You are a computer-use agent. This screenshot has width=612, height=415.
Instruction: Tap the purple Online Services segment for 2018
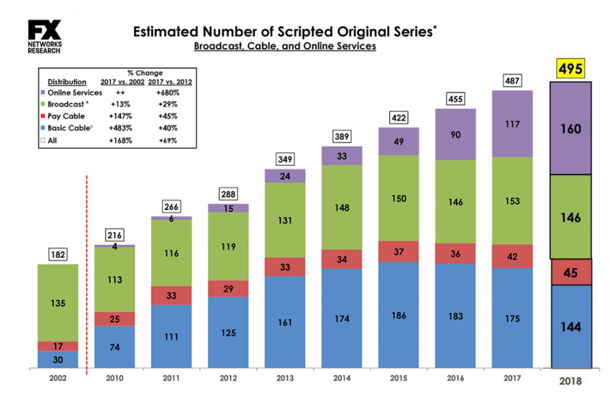click(570, 129)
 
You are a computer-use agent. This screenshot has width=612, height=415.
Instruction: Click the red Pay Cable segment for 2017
click(512, 256)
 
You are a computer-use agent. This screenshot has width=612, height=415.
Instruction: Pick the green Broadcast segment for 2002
click(58, 303)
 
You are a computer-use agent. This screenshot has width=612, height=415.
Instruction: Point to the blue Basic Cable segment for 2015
click(398, 315)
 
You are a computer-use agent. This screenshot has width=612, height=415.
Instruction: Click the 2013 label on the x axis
click(285, 378)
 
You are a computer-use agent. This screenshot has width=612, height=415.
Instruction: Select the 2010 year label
click(114, 378)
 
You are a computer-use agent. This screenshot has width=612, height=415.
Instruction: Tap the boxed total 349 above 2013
click(285, 160)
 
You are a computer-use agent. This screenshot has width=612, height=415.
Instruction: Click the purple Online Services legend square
click(42, 93)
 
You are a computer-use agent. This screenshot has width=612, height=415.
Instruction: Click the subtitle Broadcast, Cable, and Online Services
click(285, 47)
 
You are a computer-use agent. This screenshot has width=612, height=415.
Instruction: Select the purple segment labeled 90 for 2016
click(455, 134)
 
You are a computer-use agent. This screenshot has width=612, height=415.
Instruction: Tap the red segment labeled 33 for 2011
click(171, 295)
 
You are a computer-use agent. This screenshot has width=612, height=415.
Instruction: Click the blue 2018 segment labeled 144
click(570, 327)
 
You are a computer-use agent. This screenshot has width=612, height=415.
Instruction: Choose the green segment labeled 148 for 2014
click(341, 207)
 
